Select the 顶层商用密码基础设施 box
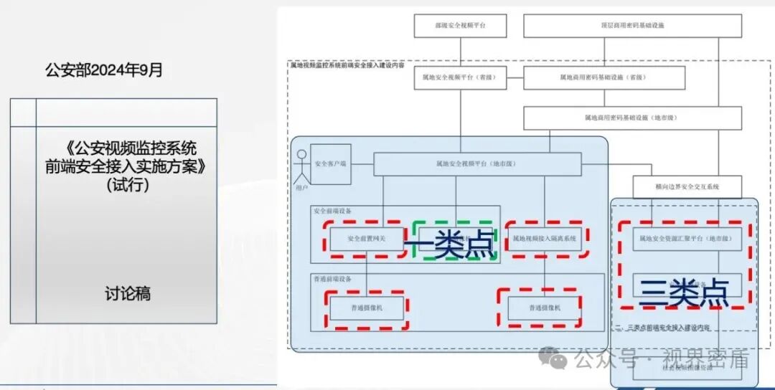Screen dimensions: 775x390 point(631,25)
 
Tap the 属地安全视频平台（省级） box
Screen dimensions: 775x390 point(460,77)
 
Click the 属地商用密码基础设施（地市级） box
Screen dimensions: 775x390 point(631,118)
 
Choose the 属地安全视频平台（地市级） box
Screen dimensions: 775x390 point(476,164)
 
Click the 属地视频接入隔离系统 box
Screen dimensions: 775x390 point(545,239)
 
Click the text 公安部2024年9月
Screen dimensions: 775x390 point(104,70)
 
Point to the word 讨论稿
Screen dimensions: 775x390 point(127,294)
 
